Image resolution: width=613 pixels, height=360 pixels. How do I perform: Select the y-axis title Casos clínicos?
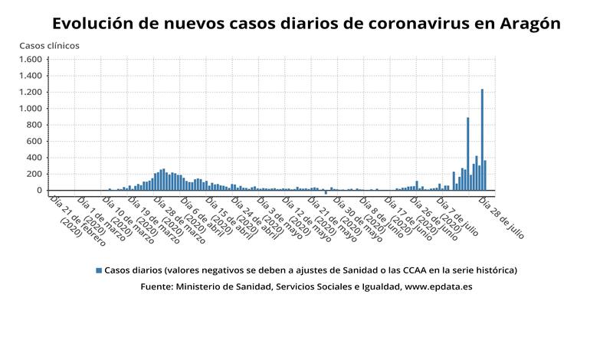(49, 46)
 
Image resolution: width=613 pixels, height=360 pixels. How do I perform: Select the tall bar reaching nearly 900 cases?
(467, 153)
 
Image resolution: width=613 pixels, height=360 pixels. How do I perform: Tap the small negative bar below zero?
(326, 192)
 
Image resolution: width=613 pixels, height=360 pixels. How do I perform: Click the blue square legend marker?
(98, 270)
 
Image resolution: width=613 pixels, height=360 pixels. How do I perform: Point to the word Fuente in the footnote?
(157, 287)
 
